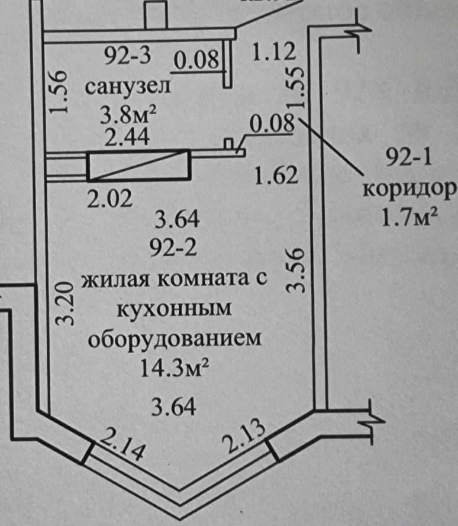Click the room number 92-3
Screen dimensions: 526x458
128,57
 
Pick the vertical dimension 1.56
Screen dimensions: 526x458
57,93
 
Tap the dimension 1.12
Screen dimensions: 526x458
273,53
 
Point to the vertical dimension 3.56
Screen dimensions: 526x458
295,270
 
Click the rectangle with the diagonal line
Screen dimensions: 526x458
138,166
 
